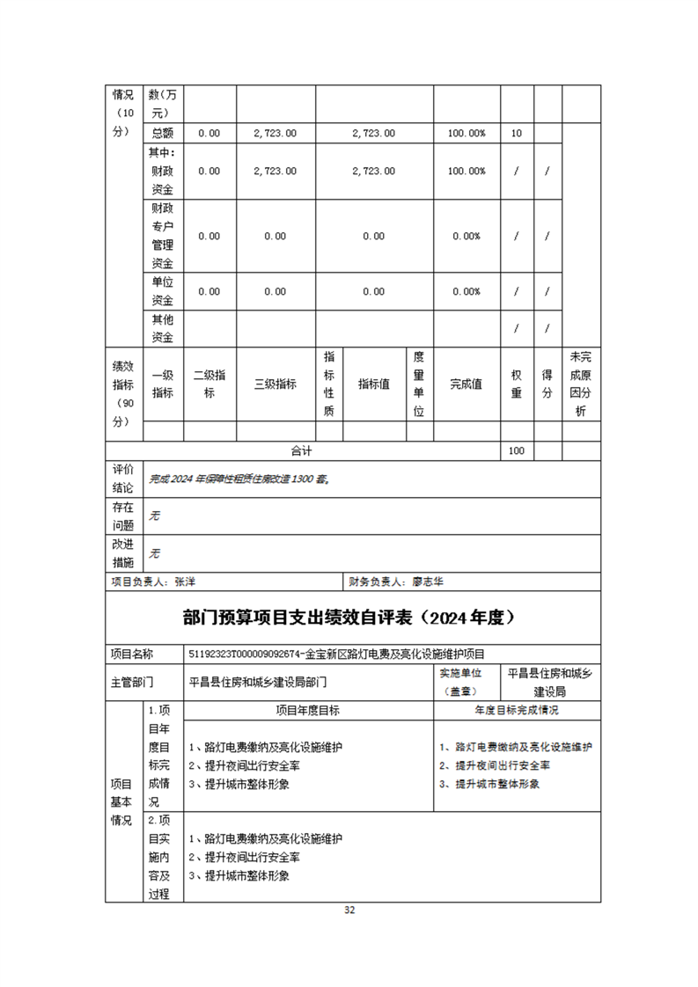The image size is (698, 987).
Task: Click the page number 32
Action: pos(349,910)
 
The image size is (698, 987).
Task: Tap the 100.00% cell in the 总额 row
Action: pos(466,134)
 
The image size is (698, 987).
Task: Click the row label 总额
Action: pos(162,134)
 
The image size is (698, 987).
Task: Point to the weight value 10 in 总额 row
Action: pos(516,134)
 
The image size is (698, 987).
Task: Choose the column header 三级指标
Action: pos(276,384)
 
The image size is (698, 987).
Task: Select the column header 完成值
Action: pos(466,384)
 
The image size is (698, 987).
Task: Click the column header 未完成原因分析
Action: pos(580,384)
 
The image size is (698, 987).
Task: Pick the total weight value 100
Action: pos(516,451)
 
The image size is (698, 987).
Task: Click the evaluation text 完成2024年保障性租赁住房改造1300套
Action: pos(239,479)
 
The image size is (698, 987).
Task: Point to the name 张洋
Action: pos(185,581)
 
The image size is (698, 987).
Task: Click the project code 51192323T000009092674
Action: pos(247,654)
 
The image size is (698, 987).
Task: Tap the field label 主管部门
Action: pos(132,681)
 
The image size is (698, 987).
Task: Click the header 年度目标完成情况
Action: pos(517,710)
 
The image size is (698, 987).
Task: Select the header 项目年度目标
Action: pos(308,710)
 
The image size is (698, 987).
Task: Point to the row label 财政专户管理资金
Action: pos(162,236)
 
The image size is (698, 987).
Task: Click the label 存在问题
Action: pos(122,516)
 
